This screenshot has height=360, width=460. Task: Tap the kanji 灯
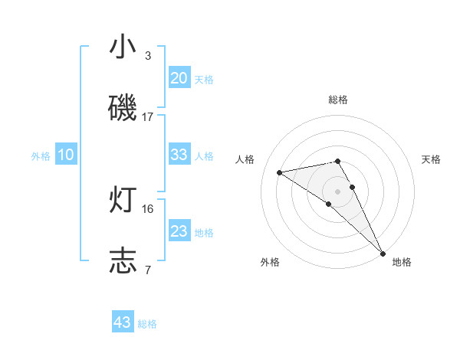pyautogui.click(x=123, y=200)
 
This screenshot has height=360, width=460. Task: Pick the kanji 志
pyautogui.click(x=123, y=260)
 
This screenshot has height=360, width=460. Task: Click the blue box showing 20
pyautogui.click(x=179, y=77)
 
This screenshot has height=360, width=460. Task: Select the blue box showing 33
pyautogui.click(x=179, y=155)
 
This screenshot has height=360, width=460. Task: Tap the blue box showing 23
pyautogui.click(x=179, y=231)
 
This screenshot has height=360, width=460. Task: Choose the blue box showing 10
pyautogui.click(x=66, y=155)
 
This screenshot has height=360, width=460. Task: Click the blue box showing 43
pyautogui.click(x=123, y=322)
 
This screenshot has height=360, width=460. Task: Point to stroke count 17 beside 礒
pyautogui.click(x=148, y=117)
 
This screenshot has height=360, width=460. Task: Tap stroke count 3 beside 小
pyautogui.click(x=148, y=56)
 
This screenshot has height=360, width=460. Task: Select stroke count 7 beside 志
pyautogui.click(x=148, y=270)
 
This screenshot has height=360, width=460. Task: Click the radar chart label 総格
pyautogui.click(x=338, y=100)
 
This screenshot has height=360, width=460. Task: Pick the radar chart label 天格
pyautogui.click(x=432, y=159)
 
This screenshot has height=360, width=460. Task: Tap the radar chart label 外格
pyautogui.click(x=270, y=262)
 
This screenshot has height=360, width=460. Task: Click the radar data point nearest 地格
pyautogui.click(x=383, y=253)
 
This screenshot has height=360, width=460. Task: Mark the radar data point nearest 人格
pyautogui.click(x=280, y=172)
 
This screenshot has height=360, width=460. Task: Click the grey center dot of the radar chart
pyautogui.click(x=338, y=191)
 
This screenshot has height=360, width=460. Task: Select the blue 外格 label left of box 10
pyautogui.click(x=41, y=155)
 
